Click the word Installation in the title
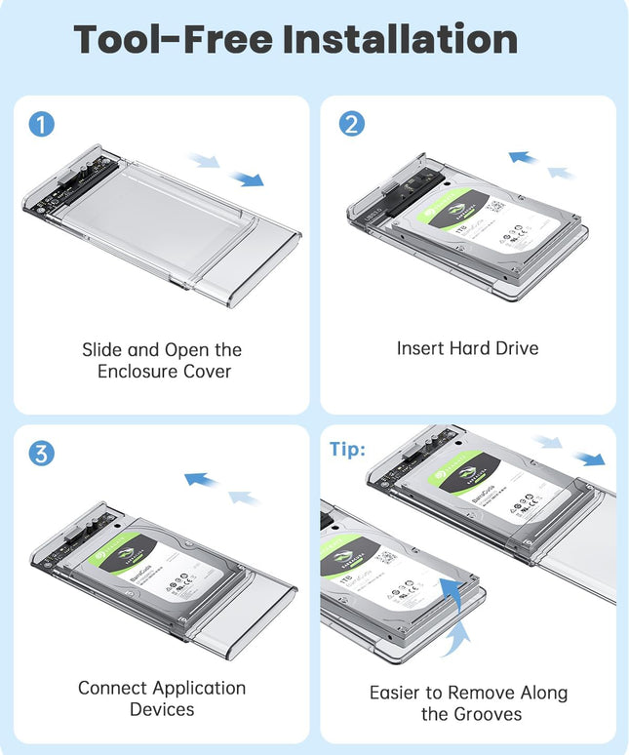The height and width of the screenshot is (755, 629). tap(400, 39)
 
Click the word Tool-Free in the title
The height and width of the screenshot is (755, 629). tap(174, 39)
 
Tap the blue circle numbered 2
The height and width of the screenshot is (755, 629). tap(351, 125)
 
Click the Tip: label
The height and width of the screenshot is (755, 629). tap(346, 449)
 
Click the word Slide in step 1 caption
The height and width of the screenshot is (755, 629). tap(100, 349)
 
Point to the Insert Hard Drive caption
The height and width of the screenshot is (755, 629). tap(467, 348)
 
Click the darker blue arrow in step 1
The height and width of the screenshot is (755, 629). tap(250, 179)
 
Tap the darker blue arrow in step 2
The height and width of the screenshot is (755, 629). tap(524, 157)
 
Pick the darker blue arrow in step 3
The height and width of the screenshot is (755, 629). tap(200, 479)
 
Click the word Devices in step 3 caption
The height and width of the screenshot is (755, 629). tap(162, 710)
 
